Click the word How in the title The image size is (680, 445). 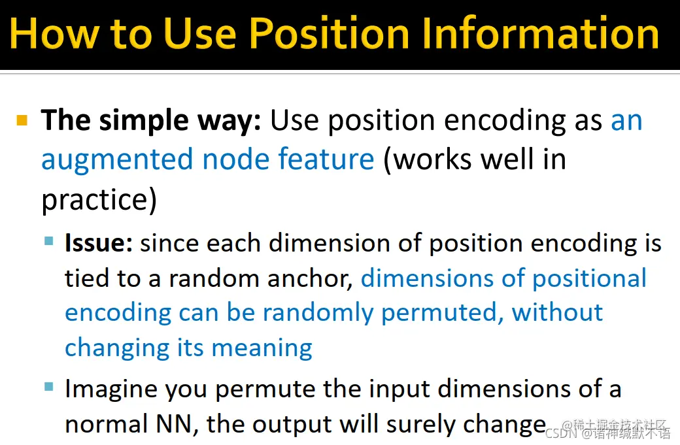click(54, 33)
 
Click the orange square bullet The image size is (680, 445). click(22, 120)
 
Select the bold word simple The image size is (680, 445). click(144, 121)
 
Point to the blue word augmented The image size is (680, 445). click(116, 160)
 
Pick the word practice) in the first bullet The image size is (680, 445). click(99, 200)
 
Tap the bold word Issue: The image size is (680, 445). click(99, 242)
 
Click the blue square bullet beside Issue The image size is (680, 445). click(49, 240)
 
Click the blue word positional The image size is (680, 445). click(589, 278)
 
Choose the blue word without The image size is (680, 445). click(557, 312)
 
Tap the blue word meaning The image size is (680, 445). click(262, 348)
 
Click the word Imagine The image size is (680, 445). click(111, 389)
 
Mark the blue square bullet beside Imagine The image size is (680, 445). click(49, 386)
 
